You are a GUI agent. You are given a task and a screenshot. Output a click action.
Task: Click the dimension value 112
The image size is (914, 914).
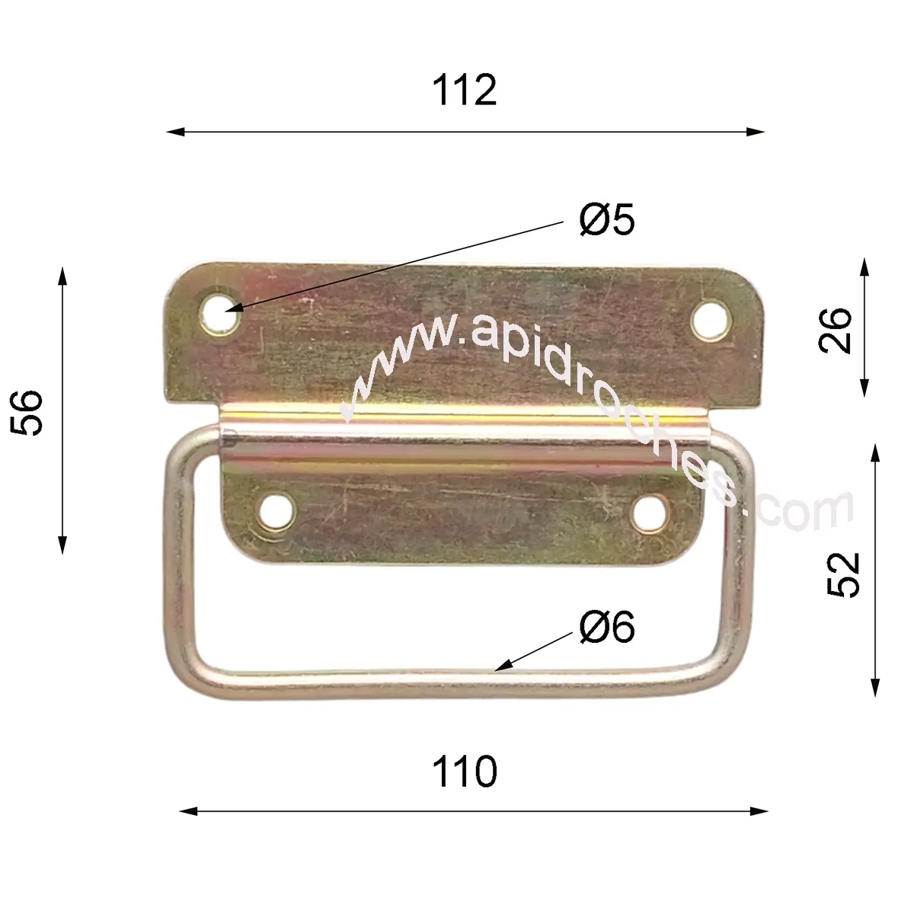[x=465, y=90]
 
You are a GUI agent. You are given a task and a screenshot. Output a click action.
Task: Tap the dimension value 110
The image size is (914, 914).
[x=465, y=772]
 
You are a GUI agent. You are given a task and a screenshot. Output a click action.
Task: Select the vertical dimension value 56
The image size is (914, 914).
[x=27, y=412]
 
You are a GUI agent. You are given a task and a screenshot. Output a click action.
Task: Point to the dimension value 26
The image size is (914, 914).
[x=835, y=331]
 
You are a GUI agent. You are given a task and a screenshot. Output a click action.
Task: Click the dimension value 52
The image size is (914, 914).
[x=844, y=574]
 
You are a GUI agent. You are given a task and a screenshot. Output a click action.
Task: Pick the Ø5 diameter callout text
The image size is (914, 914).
[x=606, y=219]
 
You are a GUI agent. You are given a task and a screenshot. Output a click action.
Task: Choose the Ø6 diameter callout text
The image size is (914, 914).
[x=606, y=627]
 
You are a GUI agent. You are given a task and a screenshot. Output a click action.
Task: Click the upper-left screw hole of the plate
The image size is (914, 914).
[x=219, y=315]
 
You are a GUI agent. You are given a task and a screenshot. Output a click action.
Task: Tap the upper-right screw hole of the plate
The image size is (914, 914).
[x=711, y=320]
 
